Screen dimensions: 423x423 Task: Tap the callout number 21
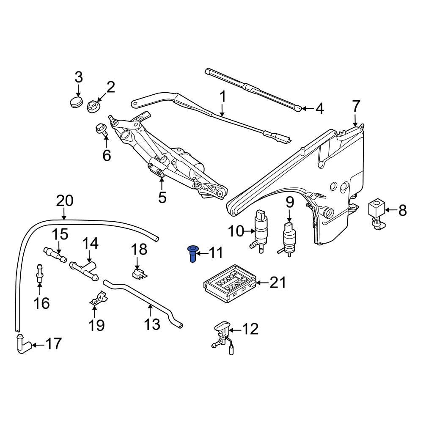coord(278,283)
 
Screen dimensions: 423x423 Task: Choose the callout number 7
coord(355,105)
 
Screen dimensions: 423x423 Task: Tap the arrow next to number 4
coord(308,109)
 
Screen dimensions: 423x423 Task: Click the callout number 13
coord(152,324)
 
